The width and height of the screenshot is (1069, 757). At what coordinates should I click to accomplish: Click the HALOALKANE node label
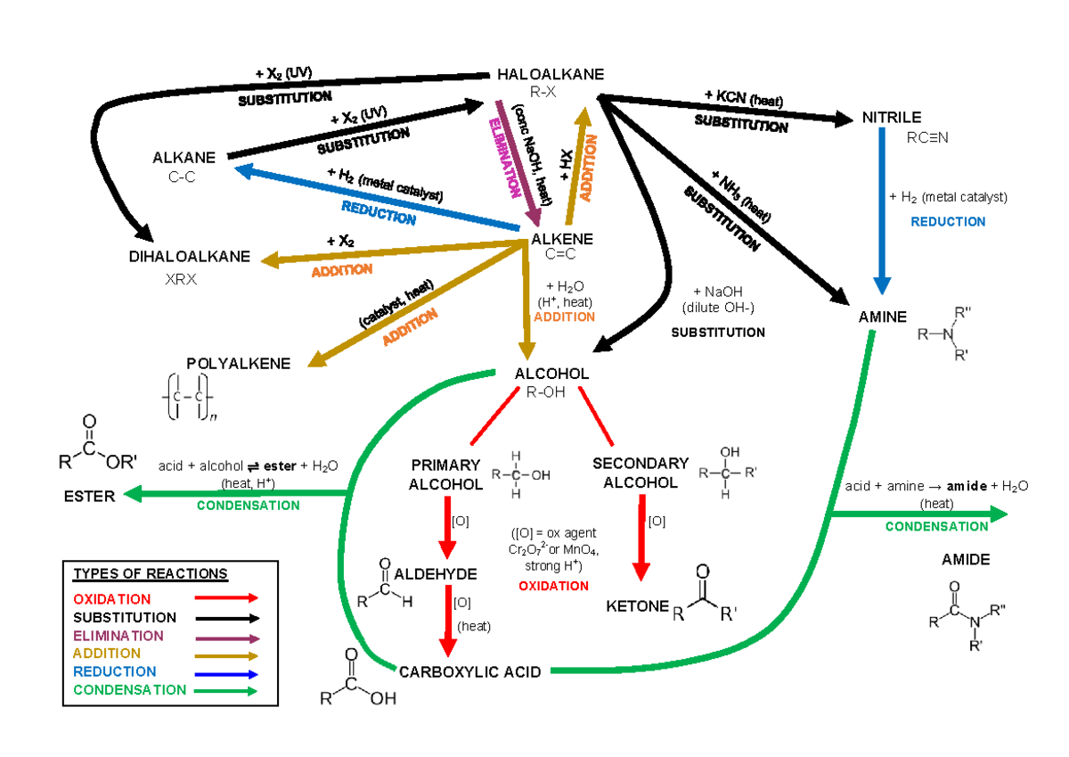pos(551,74)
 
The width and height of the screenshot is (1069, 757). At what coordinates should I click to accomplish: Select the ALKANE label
pos(184,158)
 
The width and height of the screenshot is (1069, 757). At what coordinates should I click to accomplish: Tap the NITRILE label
pos(891,118)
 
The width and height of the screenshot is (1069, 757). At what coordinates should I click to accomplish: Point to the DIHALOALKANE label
pos(190,257)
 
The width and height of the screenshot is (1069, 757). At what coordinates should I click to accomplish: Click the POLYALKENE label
pos(238,363)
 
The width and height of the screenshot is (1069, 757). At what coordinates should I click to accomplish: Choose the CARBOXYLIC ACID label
pos(469,671)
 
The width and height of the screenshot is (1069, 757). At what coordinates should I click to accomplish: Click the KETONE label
pos(637,606)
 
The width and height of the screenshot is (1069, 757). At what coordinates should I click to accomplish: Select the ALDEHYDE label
pos(436,573)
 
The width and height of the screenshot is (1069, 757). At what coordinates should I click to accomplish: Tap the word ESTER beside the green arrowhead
pos(89,496)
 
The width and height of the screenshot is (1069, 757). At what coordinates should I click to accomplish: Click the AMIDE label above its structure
pos(966,560)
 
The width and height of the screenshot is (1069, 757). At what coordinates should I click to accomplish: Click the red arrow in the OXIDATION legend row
pos(228,598)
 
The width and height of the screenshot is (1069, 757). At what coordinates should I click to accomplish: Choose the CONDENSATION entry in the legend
pos(130,689)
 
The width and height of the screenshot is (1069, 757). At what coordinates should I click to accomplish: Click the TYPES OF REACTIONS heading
pos(151,573)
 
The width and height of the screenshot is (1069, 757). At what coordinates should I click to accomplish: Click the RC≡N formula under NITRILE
pos(927,138)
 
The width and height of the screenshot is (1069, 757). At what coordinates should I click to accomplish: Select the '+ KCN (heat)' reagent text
pos(743,98)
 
